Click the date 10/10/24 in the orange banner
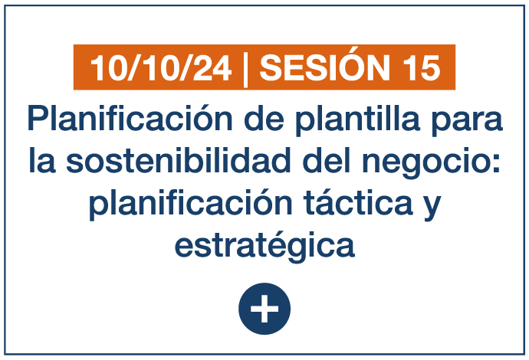(x=160, y=68)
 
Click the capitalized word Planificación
(x=130, y=118)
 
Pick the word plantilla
(x=357, y=120)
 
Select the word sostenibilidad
(x=178, y=160)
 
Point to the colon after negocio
(x=495, y=163)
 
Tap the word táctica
(x=358, y=201)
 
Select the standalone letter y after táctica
(x=432, y=208)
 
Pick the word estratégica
(x=264, y=246)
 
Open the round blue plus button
(x=264, y=309)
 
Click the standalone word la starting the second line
(x=42, y=160)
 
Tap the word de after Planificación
(x=264, y=118)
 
